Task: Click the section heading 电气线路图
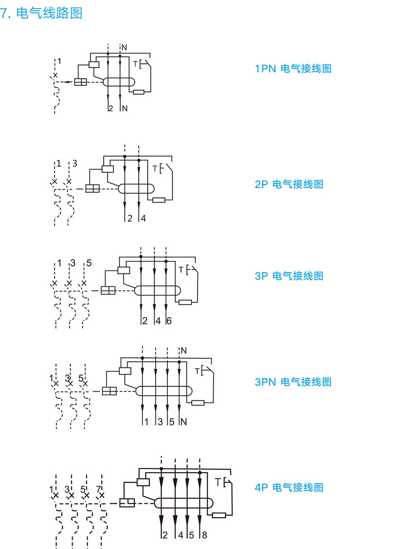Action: [x=49, y=13]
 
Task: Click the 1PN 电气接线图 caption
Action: [x=293, y=69]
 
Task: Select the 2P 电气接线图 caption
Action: [x=289, y=184]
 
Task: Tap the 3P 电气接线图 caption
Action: [x=289, y=276]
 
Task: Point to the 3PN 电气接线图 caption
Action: [x=293, y=382]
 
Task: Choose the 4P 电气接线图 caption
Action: [x=289, y=487]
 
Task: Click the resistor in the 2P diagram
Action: [x=159, y=200]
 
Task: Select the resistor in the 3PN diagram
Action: [x=198, y=402]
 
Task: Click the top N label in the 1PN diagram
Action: [x=125, y=47]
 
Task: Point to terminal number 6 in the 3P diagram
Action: [x=169, y=321]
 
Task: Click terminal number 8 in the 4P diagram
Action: [x=204, y=535]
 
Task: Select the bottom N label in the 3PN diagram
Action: [x=184, y=422]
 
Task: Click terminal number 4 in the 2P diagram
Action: [x=143, y=218]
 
